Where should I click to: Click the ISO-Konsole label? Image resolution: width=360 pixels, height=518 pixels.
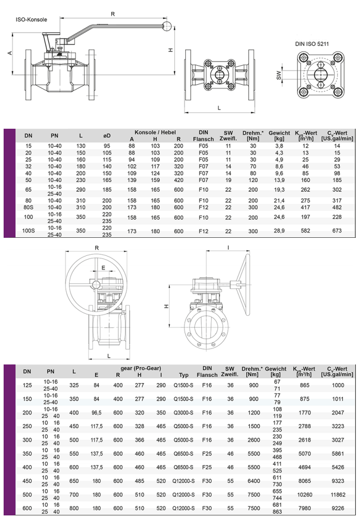pos(32,20)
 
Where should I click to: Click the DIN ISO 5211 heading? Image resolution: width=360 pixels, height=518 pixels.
pos(312,45)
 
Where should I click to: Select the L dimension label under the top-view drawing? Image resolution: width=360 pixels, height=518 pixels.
pos(219,108)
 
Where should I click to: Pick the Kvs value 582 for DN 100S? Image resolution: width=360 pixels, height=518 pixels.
pos(305,231)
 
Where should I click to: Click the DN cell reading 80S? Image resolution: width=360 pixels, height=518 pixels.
pos(28,207)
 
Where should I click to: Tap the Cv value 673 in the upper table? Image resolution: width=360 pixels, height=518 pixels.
pos(337,231)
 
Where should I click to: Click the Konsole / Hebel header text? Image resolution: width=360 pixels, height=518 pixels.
pos(155,132)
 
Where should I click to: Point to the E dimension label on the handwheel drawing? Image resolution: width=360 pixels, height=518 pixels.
pos(103,268)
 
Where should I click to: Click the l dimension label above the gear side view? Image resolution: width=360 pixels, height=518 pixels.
pos(228,247)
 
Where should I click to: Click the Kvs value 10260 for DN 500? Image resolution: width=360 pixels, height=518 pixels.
pos(305,494)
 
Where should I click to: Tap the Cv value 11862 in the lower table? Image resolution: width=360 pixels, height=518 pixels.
pos(337,494)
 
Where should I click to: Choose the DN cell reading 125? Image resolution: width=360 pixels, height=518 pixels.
pos(27,385)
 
